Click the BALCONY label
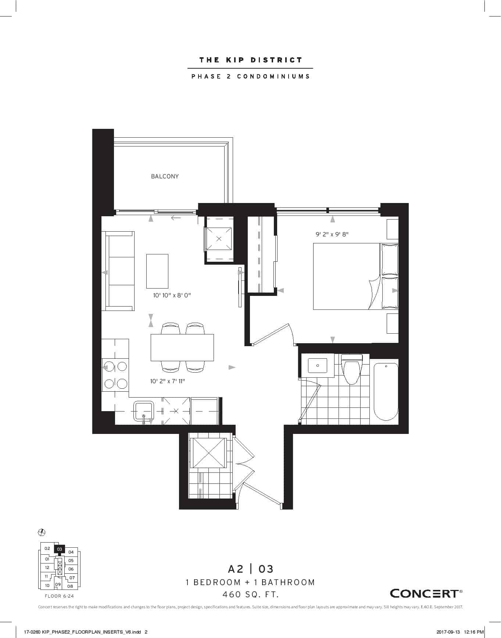(x=165, y=176)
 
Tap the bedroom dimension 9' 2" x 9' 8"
(x=332, y=234)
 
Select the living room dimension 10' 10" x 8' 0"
(x=172, y=295)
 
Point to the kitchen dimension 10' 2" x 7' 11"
(x=168, y=381)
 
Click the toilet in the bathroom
(x=352, y=369)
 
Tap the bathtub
(x=386, y=391)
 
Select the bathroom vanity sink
(x=318, y=366)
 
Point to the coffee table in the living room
(x=157, y=271)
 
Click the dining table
(x=182, y=347)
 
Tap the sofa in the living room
(x=118, y=271)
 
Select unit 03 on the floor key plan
(x=60, y=549)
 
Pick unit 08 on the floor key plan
(x=70, y=586)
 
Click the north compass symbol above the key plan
(x=42, y=532)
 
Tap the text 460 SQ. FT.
(x=251, y=594)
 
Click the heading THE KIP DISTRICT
(x=251, y=60)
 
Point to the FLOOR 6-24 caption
(x=59, y=596)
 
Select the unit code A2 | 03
(x=251, y=569)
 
